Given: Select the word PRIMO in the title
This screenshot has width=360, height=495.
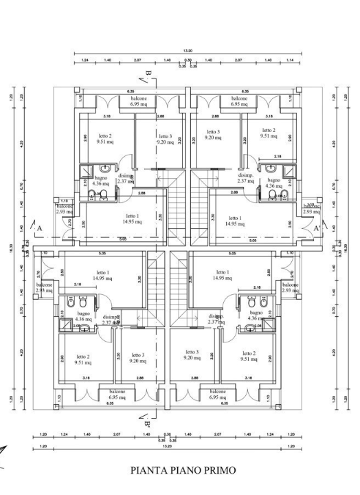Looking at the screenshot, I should (217, 470).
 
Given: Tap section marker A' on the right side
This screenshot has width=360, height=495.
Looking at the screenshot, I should (317, 228).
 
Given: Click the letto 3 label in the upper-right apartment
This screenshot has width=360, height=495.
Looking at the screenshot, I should (214, 134).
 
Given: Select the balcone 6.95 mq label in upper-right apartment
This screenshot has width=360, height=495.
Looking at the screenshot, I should (245, 100).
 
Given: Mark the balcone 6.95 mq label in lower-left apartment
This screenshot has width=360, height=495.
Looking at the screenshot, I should (116, 394).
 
